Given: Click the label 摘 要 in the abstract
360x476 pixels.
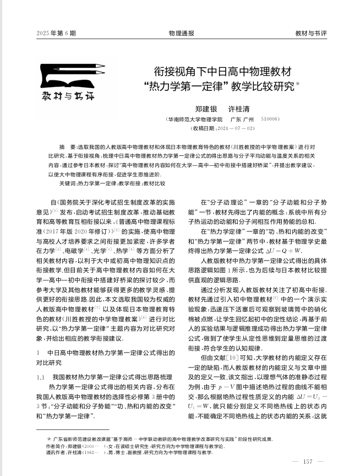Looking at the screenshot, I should pyautogui.click(x=69, y=148).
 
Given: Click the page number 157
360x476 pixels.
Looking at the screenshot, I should pyautogui.click(x=308, y=461).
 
